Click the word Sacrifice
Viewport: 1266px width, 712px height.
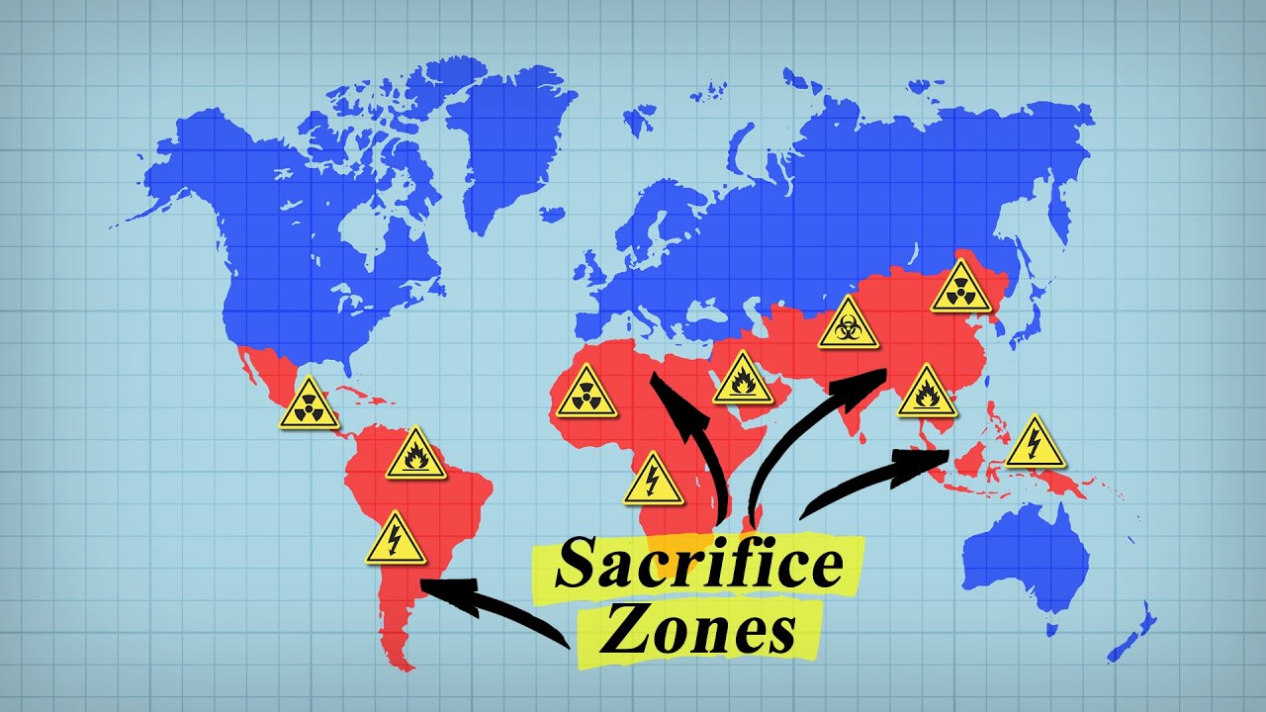[x=698, y=565]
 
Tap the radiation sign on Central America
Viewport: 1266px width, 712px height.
[x=310, y=404]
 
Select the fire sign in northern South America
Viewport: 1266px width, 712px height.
[x=415, y=456]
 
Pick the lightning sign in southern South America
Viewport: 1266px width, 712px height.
[x=396, y=540]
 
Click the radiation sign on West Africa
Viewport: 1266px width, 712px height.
[x=586, y=394]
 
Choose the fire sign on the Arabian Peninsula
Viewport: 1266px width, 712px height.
[x=743, y=378]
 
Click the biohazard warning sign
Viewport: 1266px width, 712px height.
[x=849, y=323]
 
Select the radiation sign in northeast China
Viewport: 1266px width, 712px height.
[x=959, y=288]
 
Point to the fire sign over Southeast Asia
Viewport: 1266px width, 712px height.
[x=927, y=392]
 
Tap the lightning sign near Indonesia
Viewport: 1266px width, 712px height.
[x=1035, y=443]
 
